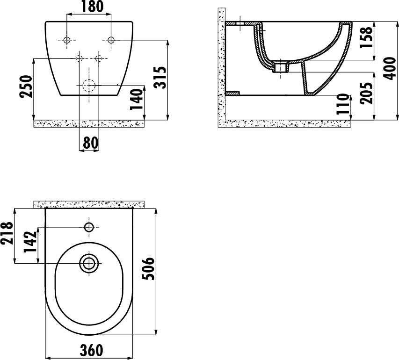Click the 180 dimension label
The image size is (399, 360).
pyautogui.click(x=92, y=7)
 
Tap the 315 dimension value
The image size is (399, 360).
pyautogui.click(x=160, y=77)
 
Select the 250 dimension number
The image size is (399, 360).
pyautogui.click(x=27, y=86)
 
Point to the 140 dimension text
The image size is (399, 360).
pyautogui.click(x=136, y=99)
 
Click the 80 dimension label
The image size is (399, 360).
pyautogui.click(x=90, y=143)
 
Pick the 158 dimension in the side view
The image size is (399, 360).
pyautogui.click(x=366, y=37)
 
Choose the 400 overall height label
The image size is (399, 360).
pyautogui.click(x=390, y=68)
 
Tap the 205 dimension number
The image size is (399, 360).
pyautogui.click(x=366, y=93)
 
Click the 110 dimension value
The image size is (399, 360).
pyautogui.click(x=342, y=104)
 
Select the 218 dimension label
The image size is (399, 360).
pyautogui.click(x=7, y=233)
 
